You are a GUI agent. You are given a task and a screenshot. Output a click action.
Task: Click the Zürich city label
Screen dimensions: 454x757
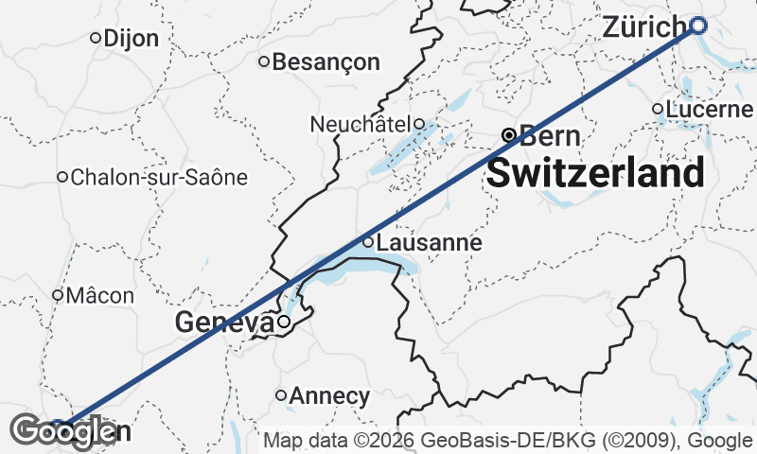[x=643, y=27]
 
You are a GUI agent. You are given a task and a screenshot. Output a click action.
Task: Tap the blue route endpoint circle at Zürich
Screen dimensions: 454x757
[x=698, y=26]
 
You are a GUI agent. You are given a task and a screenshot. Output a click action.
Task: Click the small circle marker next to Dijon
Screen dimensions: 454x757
[x=96, y=38]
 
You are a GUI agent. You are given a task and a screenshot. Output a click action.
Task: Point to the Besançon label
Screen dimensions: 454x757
[x=326, y=62]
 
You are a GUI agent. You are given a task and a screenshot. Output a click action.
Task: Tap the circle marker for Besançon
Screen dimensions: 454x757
[x=265, y=62]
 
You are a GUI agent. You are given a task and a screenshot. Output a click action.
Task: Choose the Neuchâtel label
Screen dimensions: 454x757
[x=361, y=124]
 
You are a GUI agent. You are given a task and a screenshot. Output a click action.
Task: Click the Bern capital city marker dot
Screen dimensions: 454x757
[x=508, y=135]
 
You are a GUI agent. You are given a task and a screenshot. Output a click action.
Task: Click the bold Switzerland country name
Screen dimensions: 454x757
[x=595, y=173]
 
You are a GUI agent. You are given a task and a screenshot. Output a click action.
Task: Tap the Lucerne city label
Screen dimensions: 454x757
[x=709, y=110]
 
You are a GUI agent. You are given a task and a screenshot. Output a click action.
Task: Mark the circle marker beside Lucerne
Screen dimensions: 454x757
[x=658, y=109]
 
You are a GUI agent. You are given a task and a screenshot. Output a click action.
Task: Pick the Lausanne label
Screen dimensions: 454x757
[x=429, y=243]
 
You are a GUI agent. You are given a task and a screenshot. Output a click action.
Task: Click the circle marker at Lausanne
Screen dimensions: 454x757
[x=369, y=241]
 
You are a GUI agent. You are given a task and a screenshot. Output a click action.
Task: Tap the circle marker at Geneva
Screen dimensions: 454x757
[x=282, y=322]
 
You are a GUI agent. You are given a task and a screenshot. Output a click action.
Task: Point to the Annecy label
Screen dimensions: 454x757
[x=329, y=395]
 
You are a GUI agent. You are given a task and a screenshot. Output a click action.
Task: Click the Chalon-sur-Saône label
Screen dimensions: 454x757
[x=158, y=177]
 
